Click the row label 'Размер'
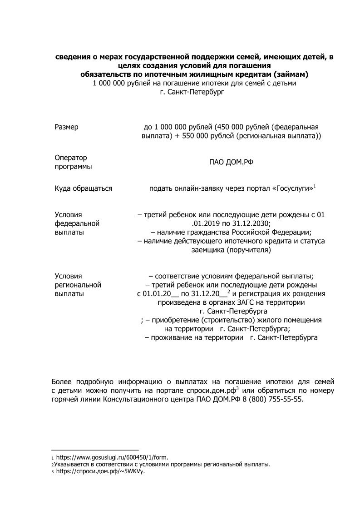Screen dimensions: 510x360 [66, 127]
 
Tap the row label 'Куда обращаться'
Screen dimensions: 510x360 [83, 188]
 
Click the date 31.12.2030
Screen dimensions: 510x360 [252, 223]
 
